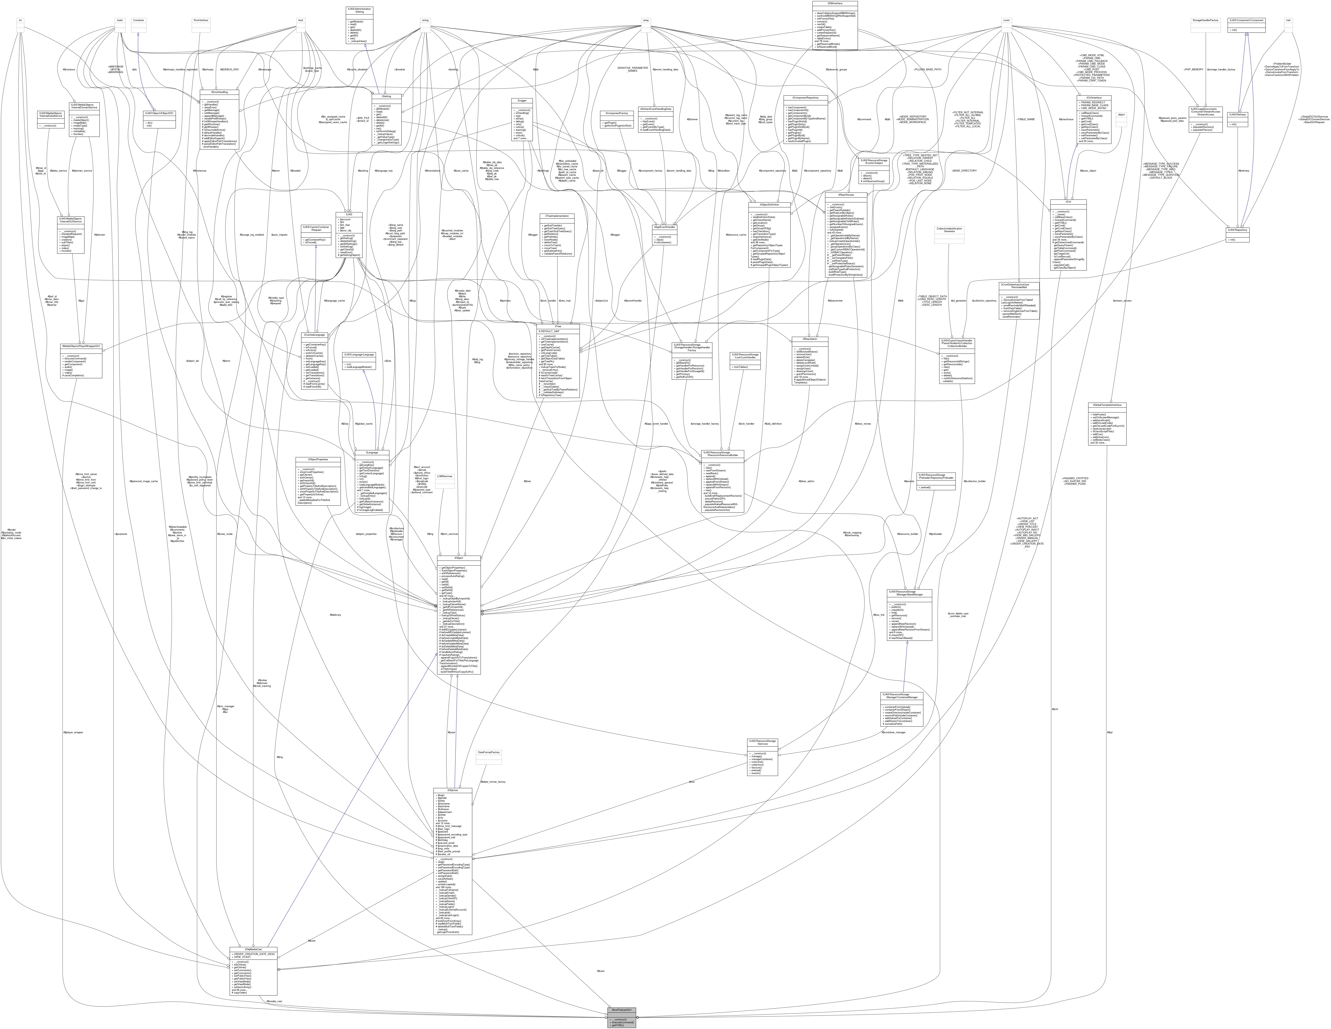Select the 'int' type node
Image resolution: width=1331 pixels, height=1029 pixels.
click(x=20, y=20)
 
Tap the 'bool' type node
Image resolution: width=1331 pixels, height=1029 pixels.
click(x=300, y=20)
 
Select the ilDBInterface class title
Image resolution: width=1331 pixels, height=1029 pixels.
click(x=834, y=3)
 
